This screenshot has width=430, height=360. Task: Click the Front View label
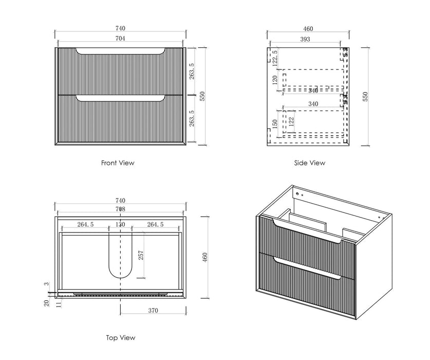(x=118, y=163)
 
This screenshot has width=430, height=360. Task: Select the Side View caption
(x=309, y=163)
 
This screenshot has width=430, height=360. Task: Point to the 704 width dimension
(x=120, y=38)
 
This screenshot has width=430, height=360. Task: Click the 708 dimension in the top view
(x=120, y=209)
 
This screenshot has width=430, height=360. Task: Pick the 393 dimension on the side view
(x=305, y=38)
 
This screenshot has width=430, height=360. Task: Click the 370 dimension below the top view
(x=153, y=310)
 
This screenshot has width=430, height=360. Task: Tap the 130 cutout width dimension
(x=120, y=224)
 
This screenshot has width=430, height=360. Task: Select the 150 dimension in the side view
(x=274, y=125)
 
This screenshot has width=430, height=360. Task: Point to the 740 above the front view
(x=120, y=29)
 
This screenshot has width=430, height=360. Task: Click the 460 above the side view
(x=308, y=29)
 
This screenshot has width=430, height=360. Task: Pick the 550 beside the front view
(x=202, y=96)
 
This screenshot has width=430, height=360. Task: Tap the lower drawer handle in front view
(x=120, y=97)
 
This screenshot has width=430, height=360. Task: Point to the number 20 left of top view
(x=46, y=303)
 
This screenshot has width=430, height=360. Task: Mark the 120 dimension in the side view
(x=274, y=80)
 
